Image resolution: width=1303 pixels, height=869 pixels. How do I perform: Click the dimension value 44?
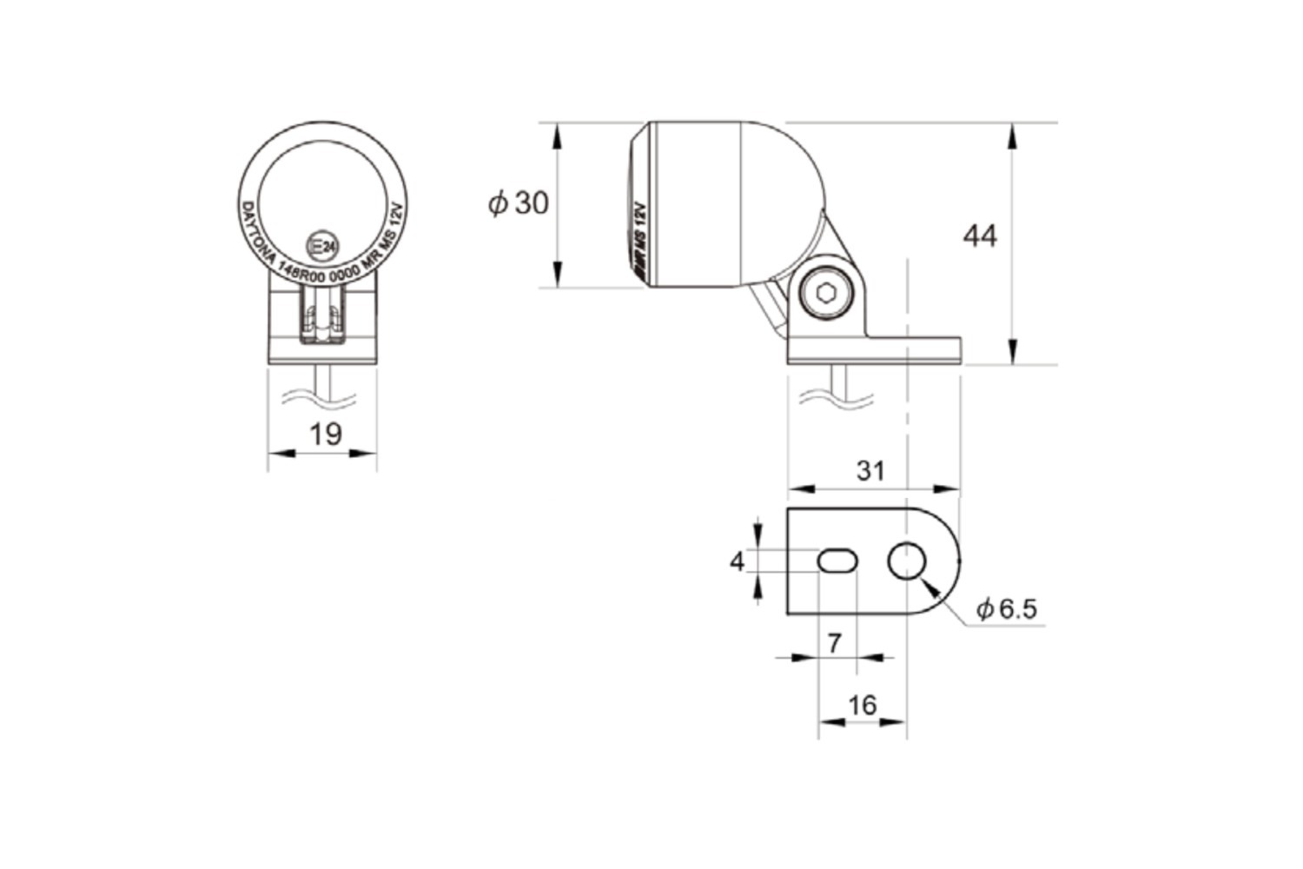click(980, 235)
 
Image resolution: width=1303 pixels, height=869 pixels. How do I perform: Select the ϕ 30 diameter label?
click(519, 203)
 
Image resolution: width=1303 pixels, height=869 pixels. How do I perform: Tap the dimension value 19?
click(326, 433)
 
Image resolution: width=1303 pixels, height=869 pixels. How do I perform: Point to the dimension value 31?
click(870, 470)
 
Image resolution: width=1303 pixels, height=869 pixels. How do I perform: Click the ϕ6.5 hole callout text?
click(1007, 608)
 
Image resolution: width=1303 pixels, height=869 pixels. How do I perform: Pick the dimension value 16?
click(862, 705)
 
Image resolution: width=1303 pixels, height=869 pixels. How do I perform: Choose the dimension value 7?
click(835, 643)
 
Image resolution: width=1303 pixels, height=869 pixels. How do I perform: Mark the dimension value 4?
click(737, 562)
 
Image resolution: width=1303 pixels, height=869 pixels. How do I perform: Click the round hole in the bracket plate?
click(907, 561)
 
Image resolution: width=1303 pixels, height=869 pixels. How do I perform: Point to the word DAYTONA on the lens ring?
click(257, 232)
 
